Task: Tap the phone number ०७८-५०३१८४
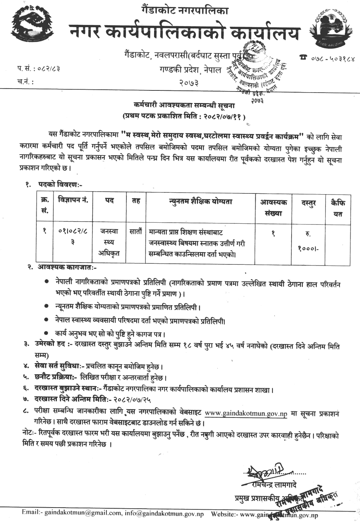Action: coord(328,58)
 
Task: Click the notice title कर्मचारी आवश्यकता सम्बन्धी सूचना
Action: coord(184,106)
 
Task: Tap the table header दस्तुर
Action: coord(309,204)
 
